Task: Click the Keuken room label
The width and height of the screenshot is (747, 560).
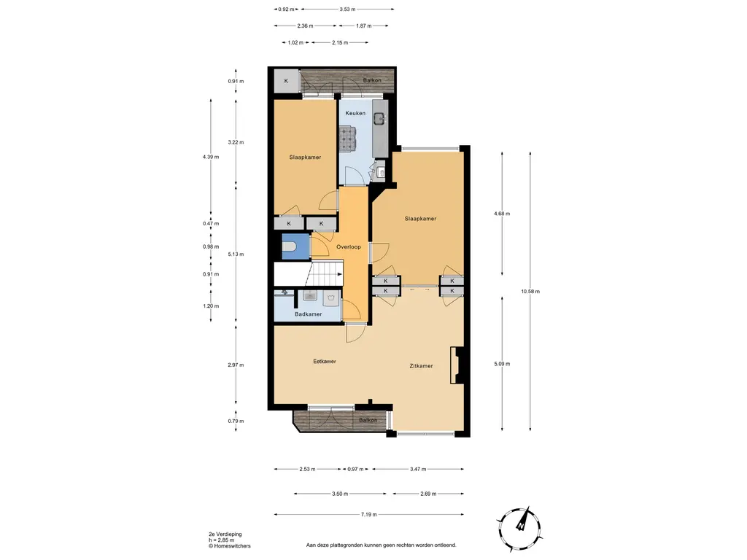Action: [x=355, y=113]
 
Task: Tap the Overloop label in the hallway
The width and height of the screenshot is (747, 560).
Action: [x=348, y=247]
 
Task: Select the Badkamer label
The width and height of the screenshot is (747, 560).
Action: [x=309, y=314]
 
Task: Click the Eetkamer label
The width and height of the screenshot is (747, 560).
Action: [x=325, y=362]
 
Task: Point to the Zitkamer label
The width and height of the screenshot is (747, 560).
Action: [x=421, y=366]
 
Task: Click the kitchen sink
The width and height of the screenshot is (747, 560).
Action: [x=379, y=118]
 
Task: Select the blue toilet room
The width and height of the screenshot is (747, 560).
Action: [x=296, y=246]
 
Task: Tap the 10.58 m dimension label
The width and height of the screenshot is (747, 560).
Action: [x=530, y=292]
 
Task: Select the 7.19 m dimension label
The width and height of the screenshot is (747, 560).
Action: [x=368, y=515]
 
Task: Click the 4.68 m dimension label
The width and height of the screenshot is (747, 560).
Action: [x=502, y=214]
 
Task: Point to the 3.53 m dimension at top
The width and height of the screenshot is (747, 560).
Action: [x=348, y=9]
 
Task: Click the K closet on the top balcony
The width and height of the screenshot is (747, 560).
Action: [x=286, y=82]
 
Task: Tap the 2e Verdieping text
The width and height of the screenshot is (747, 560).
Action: [x=225, y=534]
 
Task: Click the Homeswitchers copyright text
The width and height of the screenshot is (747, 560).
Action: [x=230, y=546]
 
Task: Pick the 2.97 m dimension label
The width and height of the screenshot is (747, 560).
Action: [x=236, y=365]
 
